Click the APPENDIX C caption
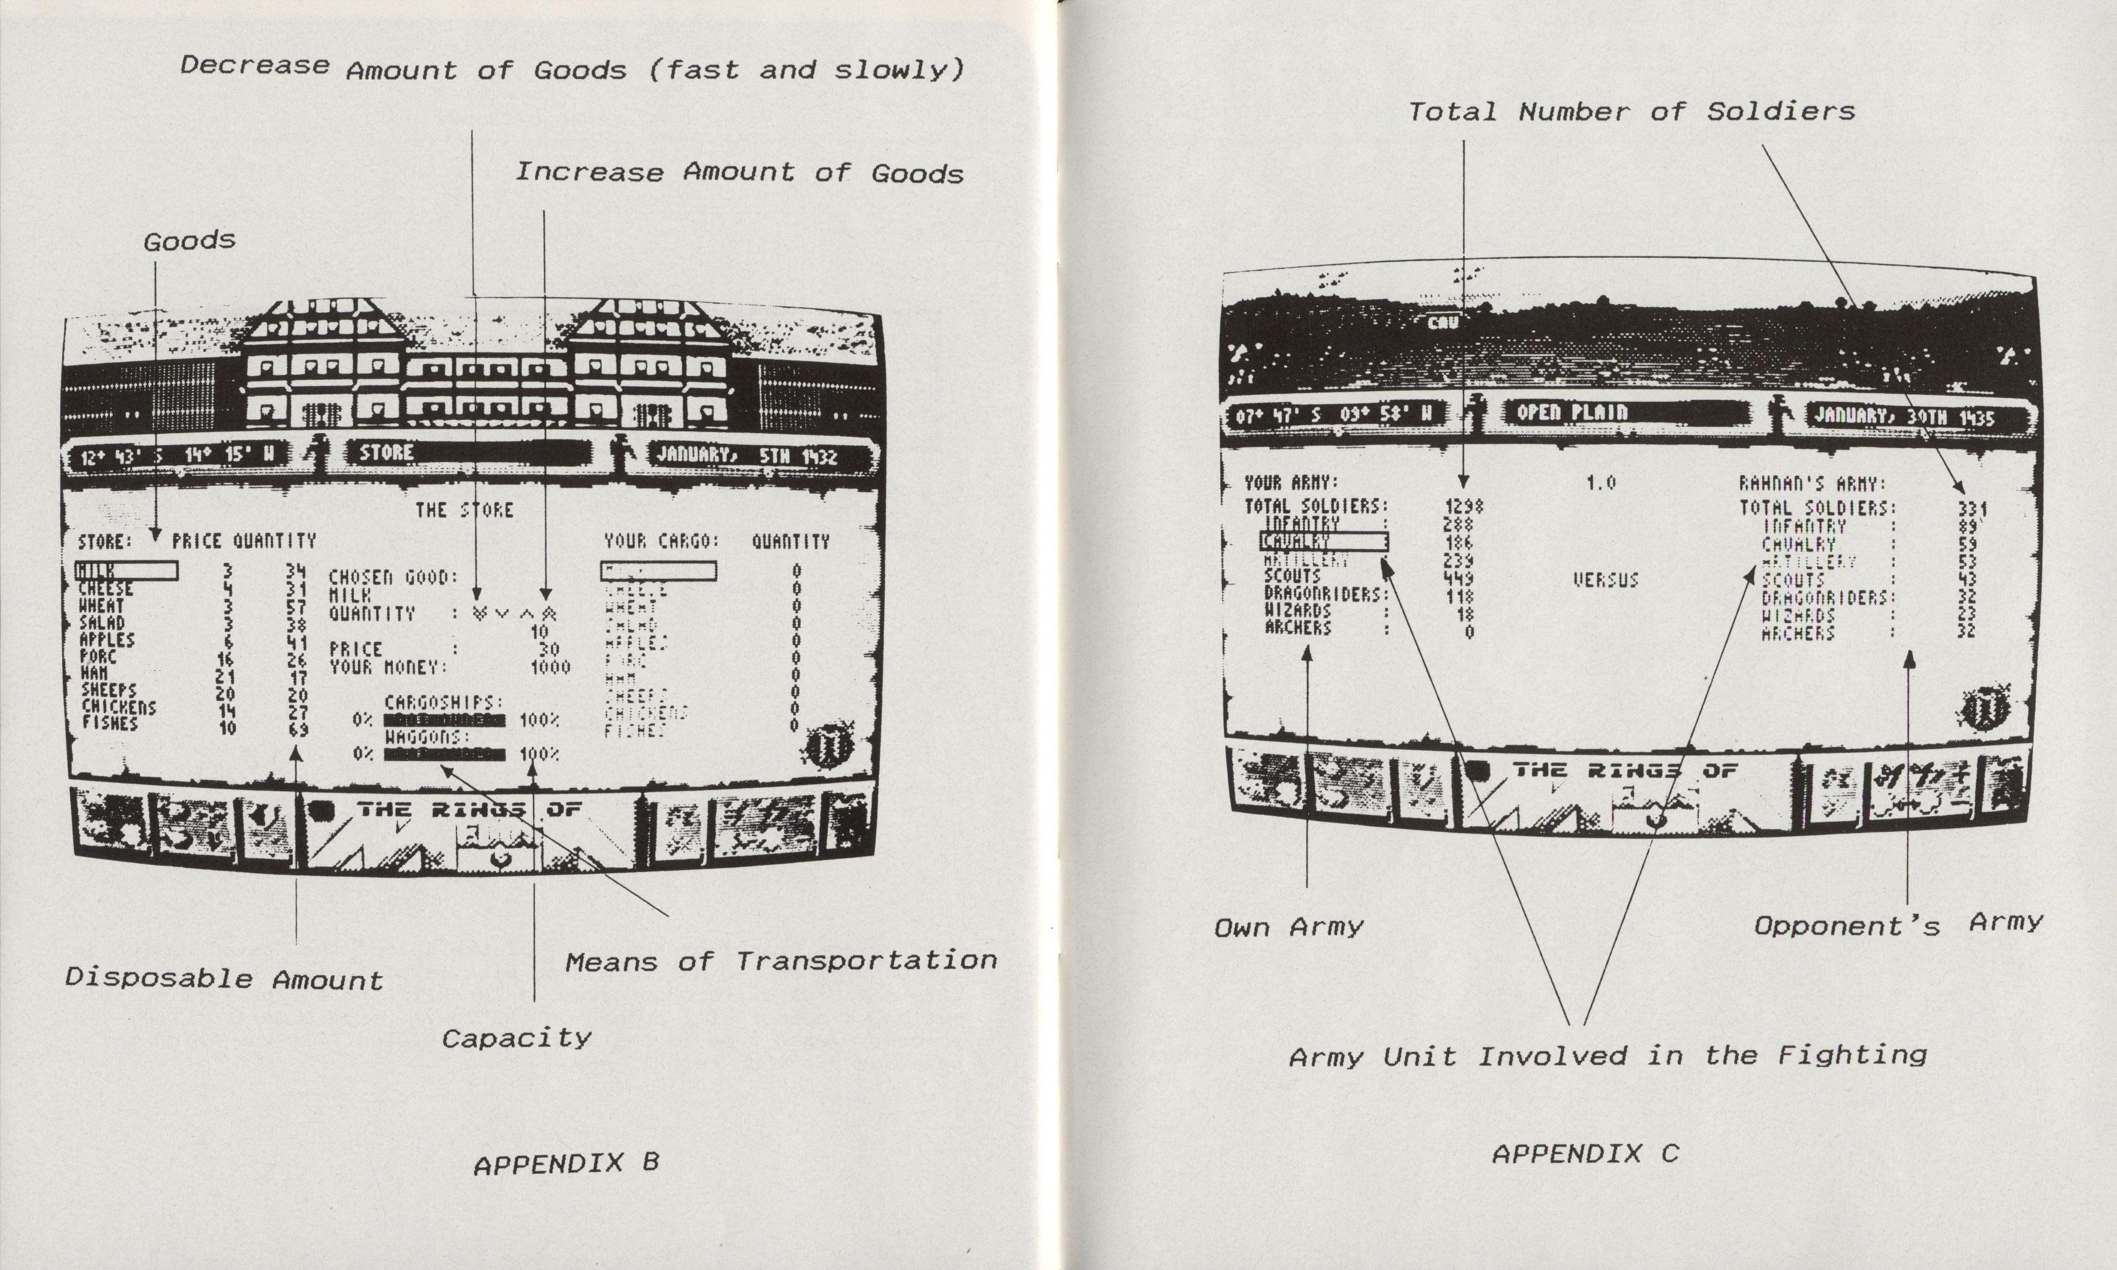point(1585,1155)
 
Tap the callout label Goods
point(189,241)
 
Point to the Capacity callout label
point(516,1039)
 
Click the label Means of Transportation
point(781,961)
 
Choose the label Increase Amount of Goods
point(739,173)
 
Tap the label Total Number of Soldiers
point(1632,111)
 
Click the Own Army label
point(1289,928)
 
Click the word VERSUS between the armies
point(1605,581)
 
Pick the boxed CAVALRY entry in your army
point(1322,542)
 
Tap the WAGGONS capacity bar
point(445,754)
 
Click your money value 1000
point(549,668)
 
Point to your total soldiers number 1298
point(1463,506)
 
